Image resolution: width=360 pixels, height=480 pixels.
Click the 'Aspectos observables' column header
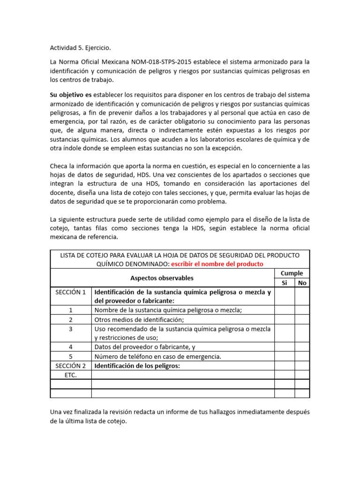[x=162, y=278]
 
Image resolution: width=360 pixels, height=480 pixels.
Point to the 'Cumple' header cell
[x=292, y=273]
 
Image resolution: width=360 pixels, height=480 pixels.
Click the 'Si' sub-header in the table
[x=284, y=283]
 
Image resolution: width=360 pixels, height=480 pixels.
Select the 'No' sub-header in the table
[x=302, y=283]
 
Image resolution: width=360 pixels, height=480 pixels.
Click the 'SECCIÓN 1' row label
[x=71, y=292]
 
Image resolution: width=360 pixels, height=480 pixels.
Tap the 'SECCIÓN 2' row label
[x=71, y=366]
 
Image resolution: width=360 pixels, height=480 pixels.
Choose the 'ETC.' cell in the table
[x=71, y=375]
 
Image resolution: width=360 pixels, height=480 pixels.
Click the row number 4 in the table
[x=71, y=347]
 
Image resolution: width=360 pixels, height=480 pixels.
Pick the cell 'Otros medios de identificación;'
[x=139, y=320]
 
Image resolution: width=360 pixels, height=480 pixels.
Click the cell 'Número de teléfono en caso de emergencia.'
[x=157, y=356]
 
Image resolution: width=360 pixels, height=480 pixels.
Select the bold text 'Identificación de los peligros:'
[x=137, y=366]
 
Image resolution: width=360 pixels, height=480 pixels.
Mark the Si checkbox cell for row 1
[x=284, y=310]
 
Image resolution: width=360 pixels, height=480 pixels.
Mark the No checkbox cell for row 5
[x=302, y=356]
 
